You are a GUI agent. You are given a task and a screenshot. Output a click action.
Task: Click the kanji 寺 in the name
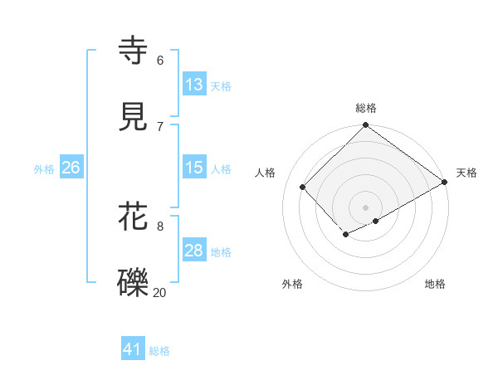pyautogui.click(x=134, y=51)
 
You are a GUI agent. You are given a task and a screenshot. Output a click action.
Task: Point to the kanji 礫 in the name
pyautogui.click(x=134, y=283)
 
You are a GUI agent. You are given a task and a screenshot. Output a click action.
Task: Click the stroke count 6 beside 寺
pyautogui.click(x=160, y=61)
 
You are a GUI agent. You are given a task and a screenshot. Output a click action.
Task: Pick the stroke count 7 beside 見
pyautogui.click(x=160, y=126)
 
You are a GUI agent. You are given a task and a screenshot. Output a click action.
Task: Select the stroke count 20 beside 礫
pyautogui.click(x=160, y=292)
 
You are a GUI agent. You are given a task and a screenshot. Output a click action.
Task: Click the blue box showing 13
pyautogui.click(x=194, y=85)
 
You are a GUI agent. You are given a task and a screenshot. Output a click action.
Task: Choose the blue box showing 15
pyautogui.click(x=194, y=168)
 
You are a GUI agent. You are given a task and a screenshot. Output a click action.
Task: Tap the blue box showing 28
pyautogui.click(x=194, y=251)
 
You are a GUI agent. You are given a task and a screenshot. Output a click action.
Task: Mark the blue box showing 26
pyautogui.click(x=71, y=168)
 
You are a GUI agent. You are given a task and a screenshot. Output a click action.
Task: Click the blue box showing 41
pyautogui.click(x=133, y=349)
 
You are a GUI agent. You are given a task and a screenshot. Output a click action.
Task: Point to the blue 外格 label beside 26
pyautogui.click(x=44, y=169)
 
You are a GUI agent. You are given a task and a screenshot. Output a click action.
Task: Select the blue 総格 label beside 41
pyautogui.click(x=159, y=351)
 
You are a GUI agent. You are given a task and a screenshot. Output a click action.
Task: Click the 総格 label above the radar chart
pyautogui.click(x=366, y=108)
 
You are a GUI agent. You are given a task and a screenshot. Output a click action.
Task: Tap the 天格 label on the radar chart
pyautogui.click(x=466, y=173)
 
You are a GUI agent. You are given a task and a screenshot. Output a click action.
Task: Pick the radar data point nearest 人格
pyautogui.click(x=303, y=187)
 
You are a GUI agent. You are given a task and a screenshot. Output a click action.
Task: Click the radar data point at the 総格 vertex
pyautogui.click(x=366, y=126)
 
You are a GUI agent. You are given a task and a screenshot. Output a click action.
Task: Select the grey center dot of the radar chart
pyautogui.click(x=366, y=207)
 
